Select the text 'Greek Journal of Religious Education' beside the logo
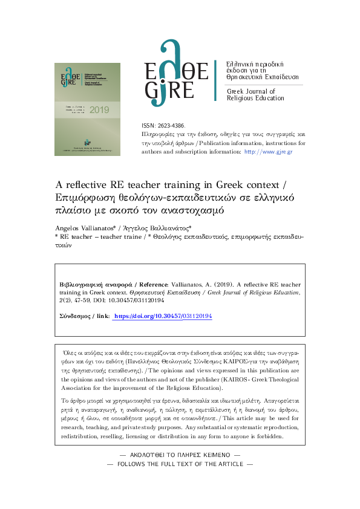[x=255, y=94]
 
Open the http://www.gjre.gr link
[x=267, y=152]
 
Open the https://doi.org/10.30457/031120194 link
[x=163, y=316]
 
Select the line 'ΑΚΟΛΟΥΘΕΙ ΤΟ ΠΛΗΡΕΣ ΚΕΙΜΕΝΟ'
[x=180, y=453]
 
